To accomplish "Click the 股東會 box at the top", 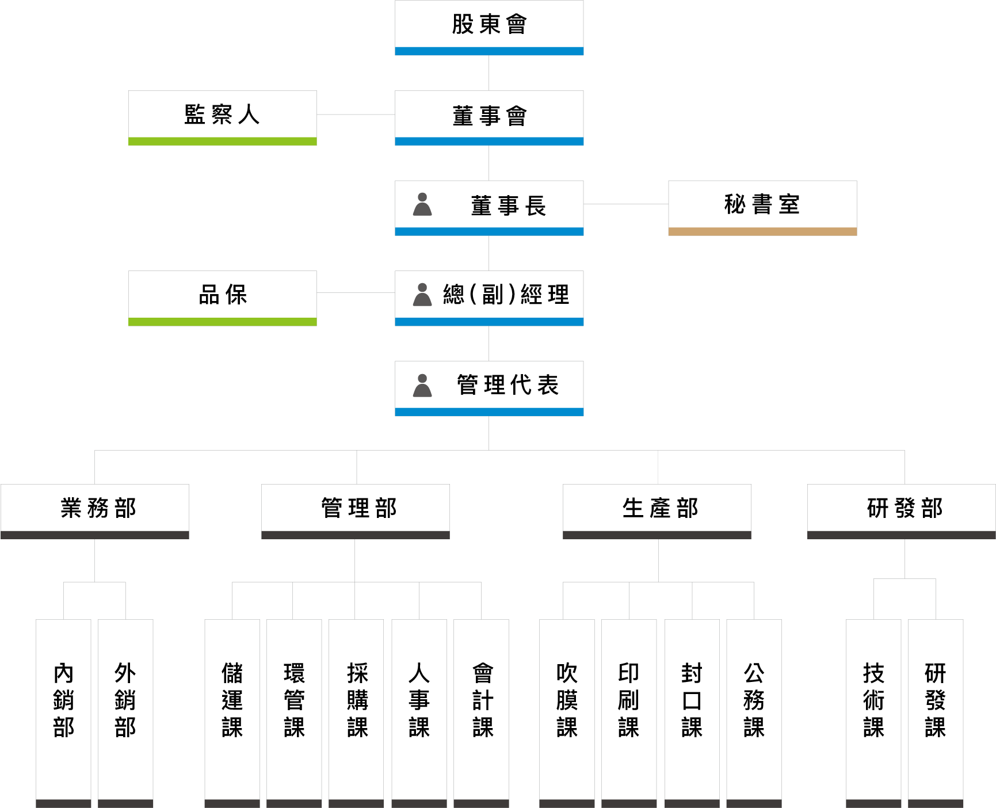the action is pyautogui.click(x=489, y=28).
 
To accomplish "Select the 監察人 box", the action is pyautogui.click(x=223, y=118).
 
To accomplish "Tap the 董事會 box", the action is pyautogui.click(x=489, y=118).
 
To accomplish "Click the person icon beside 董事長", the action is pyautogui.click(x=422, y=204).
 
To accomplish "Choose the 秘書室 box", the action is pyautogui.click(x=762, y=208).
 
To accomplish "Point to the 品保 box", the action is pyautogui.click(x=223, y=298).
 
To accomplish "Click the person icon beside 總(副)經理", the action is pyautogui.click(x=422, y=295).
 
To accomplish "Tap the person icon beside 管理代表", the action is pyautogui.click(x=422, y=386).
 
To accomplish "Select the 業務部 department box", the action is pyautogui.click(x=95, y=512).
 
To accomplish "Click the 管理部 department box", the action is pyautogui.click(x=356, y=512).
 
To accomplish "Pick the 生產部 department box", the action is pyautogui.click(x=657, y=512).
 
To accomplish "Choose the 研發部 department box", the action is pyautogui.click(x=902, y=512).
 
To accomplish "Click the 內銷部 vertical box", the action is pyautogui.click(x=63, y=714).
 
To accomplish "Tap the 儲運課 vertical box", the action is pyautogui.click(x=232, y=714).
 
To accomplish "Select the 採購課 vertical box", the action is pyautogui.click(x=356, y=714).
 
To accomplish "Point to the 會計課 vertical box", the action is pyautogui.click(x=481, y=714).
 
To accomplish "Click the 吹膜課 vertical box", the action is pyautogui.click(x=567, y=714).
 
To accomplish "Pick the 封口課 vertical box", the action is pyautogui.click(x=692, y=714).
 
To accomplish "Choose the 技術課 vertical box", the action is pyautogui.click(x=873, y=714).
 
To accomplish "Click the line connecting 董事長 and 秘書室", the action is pyautogui.click(x=626, y=204).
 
